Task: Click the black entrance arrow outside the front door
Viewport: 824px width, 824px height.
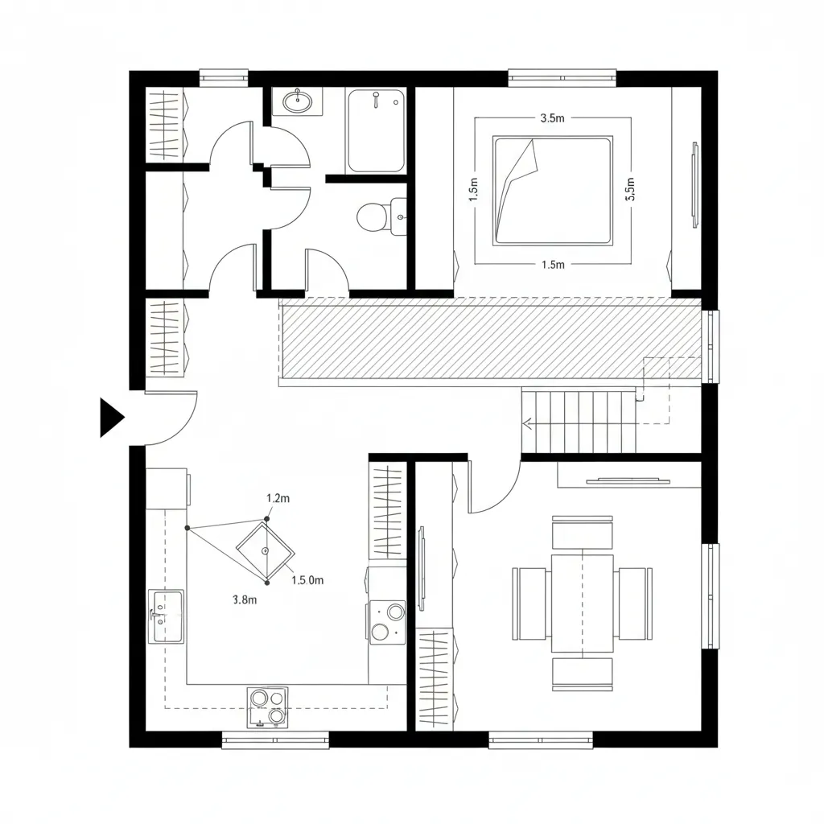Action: [110, 418]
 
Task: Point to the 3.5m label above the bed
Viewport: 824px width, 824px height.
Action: [550, 117]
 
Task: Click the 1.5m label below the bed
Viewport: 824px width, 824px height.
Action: [553, 265]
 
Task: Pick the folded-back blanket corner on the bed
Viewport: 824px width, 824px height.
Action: [516, 173]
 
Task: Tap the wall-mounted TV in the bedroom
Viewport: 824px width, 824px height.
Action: [694, 184]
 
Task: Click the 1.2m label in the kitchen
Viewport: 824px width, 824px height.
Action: [278, 498]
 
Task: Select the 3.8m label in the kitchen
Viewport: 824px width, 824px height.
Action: [244, 599]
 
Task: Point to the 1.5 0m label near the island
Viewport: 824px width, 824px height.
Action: [307, 579]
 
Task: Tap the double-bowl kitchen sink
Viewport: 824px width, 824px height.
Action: [167, 616]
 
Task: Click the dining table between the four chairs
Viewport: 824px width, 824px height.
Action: [583, 603]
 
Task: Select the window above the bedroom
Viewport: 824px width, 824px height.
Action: [562, 78]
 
